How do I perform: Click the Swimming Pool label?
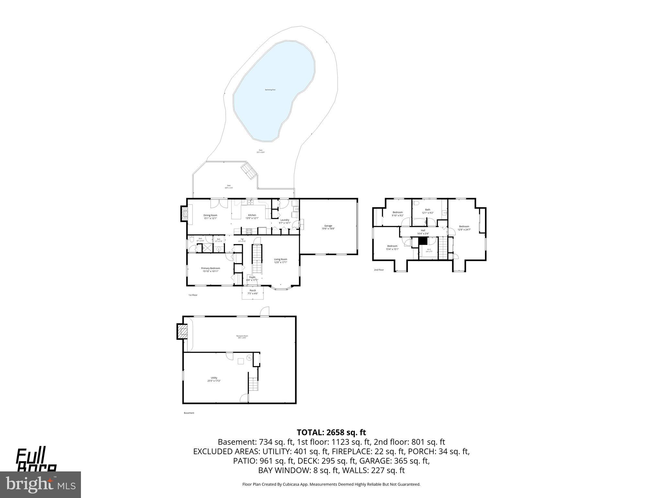coord(270,90)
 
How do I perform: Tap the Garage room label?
coord(328,227)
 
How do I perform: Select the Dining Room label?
coord(210,217)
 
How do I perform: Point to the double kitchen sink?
coord(250,203)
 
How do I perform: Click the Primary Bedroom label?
coord(210,269)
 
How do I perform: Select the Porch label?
coord(253,292)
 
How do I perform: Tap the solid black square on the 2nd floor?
coord(423,241)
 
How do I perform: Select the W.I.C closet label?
coord(429,250)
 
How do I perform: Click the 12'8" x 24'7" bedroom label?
coord(464,228)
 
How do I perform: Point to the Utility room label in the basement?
coord(214,379)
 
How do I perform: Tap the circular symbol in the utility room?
coord(249,358)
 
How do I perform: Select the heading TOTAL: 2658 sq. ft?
coord(331,432)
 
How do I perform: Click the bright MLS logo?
coord(40,485)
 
